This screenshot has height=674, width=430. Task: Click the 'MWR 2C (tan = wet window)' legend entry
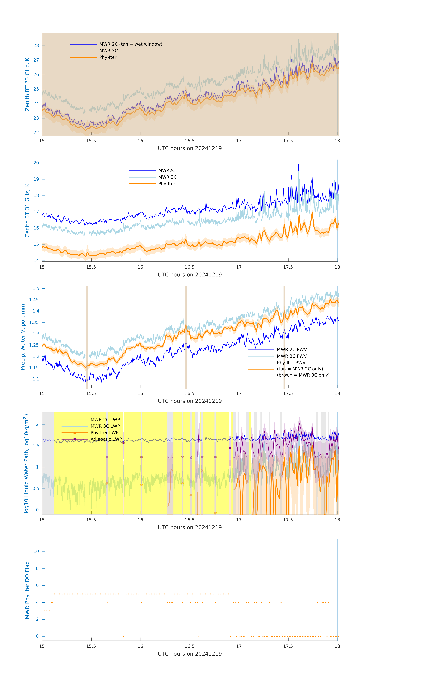click(x=131, y=44)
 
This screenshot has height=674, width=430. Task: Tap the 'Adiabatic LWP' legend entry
click(x=106, y=439)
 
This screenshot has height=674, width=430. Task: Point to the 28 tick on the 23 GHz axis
click(x=36, y=46)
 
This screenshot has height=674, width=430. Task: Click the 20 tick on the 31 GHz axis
click(x=36, y=163)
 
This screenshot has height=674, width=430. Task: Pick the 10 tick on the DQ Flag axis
click(x=36, y=551)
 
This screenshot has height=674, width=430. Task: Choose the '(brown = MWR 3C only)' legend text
click(x=303, y=375)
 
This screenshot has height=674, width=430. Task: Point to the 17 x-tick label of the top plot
click(x=239, y=141)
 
